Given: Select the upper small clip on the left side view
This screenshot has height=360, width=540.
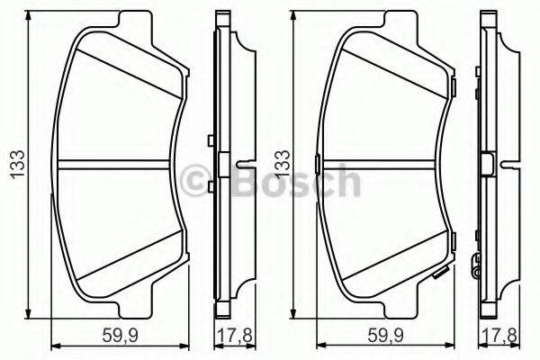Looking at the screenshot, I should tap(210, 139).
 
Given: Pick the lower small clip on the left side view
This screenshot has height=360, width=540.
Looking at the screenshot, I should tap(210, 185).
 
